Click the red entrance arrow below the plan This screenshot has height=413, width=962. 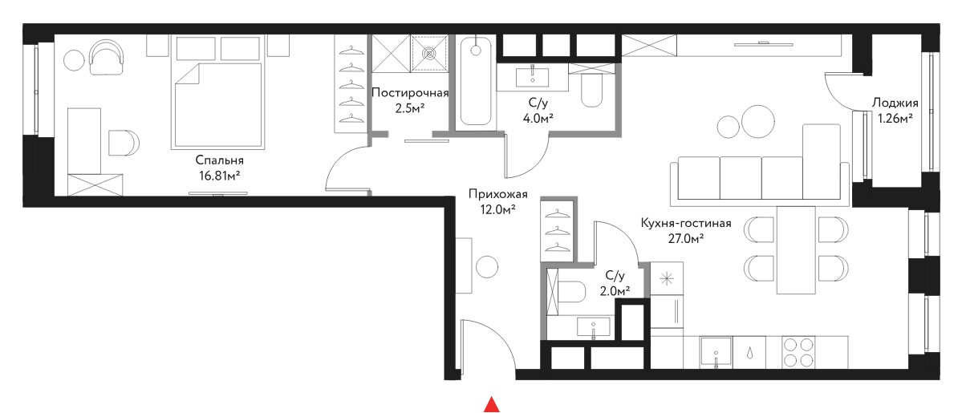(491, 404)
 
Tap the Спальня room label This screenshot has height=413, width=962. (220, 160)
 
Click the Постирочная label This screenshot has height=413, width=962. (411, 94)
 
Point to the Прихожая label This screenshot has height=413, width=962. (497, 195)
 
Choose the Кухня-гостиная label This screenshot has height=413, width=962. (685, 223)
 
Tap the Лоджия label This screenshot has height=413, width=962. (895, 103)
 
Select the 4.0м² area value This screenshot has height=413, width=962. (534, 118)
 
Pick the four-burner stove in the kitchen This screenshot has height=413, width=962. (798, 352)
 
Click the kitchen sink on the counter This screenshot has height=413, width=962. (716, 353)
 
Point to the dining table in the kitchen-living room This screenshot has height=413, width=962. (797, 249)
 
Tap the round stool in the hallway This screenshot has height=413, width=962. (488, 266)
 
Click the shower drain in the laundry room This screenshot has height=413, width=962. (431, 54)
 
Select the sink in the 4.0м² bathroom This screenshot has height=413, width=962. (533, 76)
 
